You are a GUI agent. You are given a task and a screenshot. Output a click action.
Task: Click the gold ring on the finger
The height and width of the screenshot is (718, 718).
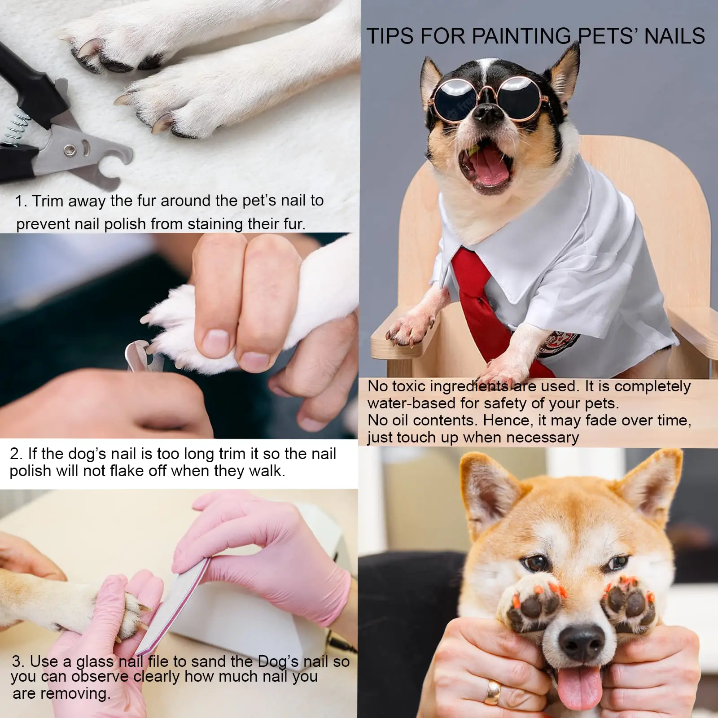click(x=493, y=692)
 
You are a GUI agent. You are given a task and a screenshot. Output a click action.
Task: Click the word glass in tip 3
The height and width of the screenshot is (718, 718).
click(x=95, y=661)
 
